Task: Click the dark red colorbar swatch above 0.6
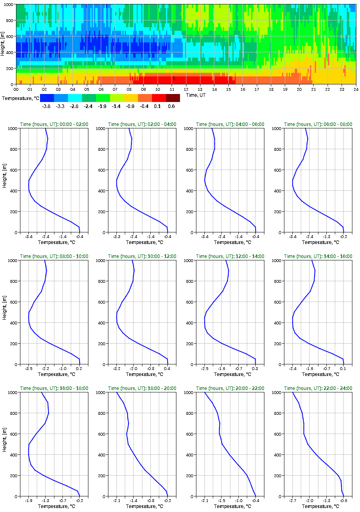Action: click(x=173, y=98)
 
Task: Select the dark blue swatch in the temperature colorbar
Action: click(x=47, y=98)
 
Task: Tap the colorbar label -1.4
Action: click(x=116, y=106)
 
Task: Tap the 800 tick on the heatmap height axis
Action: click(x=9, y=20)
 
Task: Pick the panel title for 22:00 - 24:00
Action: click(x=318, y=388)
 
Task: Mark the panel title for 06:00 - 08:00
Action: click(x=318, y=124)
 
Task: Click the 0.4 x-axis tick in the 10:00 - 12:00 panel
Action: click(x=167, y=368)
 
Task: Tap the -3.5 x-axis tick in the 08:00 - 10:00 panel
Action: click(x=29, y=368)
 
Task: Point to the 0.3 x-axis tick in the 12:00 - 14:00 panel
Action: click(x=255, y=368)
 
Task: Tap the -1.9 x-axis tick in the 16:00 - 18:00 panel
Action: click(x=29, y=500)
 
